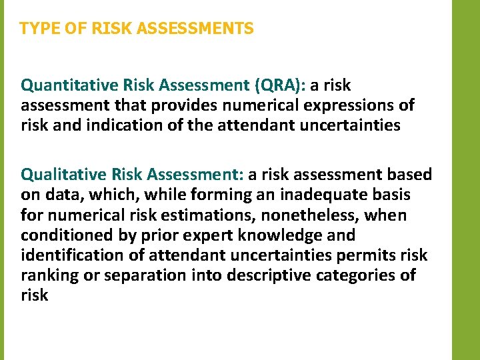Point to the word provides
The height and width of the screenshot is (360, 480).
[182, 105]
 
